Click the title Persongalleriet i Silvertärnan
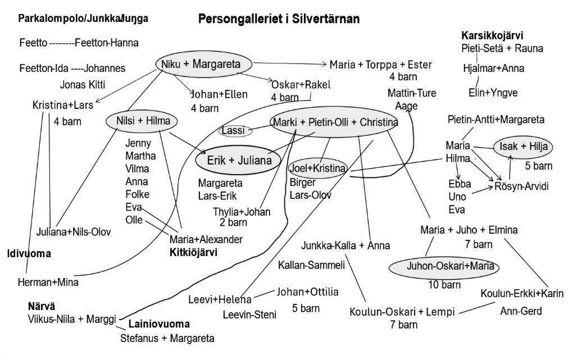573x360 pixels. [279, 19]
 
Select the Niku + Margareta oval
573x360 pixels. [198, 64]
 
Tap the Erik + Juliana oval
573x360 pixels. [239, 160]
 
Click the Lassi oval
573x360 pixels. [235, 130]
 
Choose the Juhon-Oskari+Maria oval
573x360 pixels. [444, 267]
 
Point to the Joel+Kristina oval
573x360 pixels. [317, 168]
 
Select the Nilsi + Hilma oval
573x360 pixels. [142, 121]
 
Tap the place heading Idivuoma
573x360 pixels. [29, 254]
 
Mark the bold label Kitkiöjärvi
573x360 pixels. [193, 253]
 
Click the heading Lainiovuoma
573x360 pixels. [159, 324]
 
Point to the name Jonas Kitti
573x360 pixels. [83, 85]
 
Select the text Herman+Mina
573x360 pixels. [48, 282]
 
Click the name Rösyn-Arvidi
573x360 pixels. [521, 186]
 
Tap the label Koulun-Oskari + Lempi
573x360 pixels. [402, 312]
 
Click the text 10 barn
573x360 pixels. [444, 285]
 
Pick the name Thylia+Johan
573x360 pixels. [242, 212]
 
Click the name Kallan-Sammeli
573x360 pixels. [312, 265]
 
